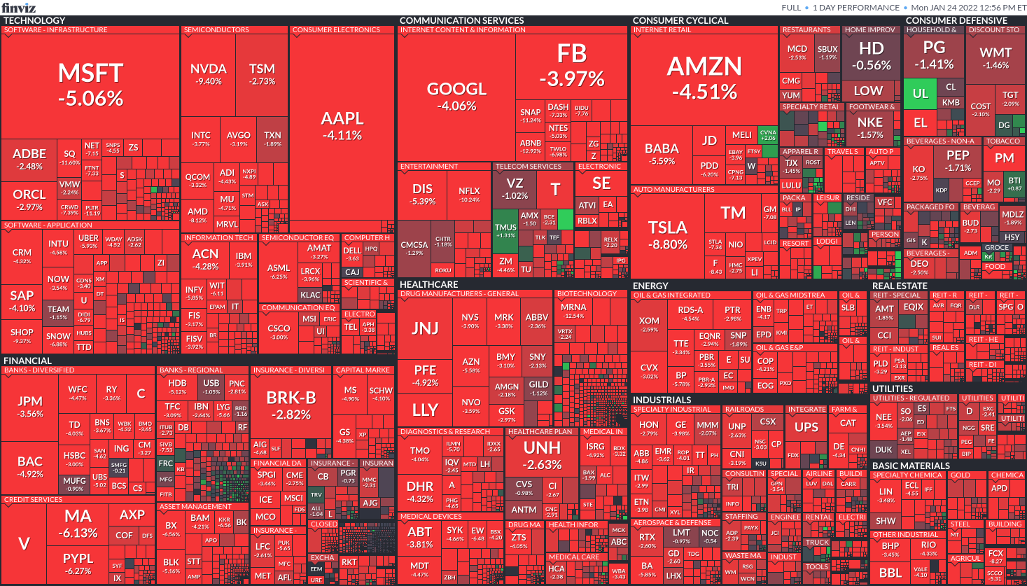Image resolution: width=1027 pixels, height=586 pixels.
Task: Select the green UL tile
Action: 920,94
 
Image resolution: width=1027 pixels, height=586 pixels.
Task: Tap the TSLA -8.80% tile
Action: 667,235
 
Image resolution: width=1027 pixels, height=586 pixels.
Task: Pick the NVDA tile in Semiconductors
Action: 208,74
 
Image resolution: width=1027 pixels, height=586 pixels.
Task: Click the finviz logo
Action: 18,8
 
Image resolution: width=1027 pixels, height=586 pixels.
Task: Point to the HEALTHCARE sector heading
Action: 428,284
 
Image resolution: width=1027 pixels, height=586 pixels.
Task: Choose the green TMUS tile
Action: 505,230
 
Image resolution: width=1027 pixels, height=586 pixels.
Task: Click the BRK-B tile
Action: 291,405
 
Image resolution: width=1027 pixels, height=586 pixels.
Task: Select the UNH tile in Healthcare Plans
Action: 542,455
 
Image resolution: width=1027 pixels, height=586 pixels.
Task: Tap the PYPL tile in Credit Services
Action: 78,563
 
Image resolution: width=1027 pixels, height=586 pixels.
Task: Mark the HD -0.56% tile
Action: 871,56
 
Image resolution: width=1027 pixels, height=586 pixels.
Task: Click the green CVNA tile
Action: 768,134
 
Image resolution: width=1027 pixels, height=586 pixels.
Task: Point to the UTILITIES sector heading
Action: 893,389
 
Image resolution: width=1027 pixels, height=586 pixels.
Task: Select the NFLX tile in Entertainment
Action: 469,194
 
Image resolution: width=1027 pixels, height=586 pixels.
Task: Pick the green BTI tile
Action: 1014,183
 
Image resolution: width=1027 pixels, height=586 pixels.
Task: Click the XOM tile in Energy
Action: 649,324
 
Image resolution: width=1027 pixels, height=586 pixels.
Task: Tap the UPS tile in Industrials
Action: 806,427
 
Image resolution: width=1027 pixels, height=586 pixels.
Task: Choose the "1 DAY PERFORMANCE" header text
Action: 856,8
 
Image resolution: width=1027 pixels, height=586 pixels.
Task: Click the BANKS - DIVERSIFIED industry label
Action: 39,370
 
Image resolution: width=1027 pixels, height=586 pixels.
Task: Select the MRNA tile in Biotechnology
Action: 573,310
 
